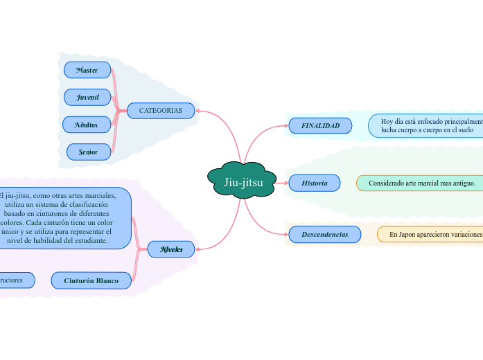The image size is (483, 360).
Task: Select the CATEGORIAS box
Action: pos(161,111)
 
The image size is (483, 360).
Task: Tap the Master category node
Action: pos(87,70)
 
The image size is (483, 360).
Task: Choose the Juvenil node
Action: pos(87,98)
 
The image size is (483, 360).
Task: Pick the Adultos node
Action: pos(87,125)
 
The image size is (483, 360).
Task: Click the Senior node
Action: pos(89,152)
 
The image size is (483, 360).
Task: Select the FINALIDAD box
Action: pos(320,126)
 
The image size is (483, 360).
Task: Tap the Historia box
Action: pos(315,183)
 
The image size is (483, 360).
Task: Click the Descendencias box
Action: pos(324,235)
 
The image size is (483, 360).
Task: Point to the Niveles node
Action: pos(171,249)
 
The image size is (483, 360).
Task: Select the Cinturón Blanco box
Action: pos(91,280)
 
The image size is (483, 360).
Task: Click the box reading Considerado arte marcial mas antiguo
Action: pos(421,183)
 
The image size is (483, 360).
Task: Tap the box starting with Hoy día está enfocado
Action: pos(427,125)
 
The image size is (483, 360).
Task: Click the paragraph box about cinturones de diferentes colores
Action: pos(64,217)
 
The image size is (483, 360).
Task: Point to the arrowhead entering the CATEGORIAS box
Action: pos(199,111)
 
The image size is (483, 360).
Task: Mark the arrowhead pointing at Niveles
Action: pos(199,249)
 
